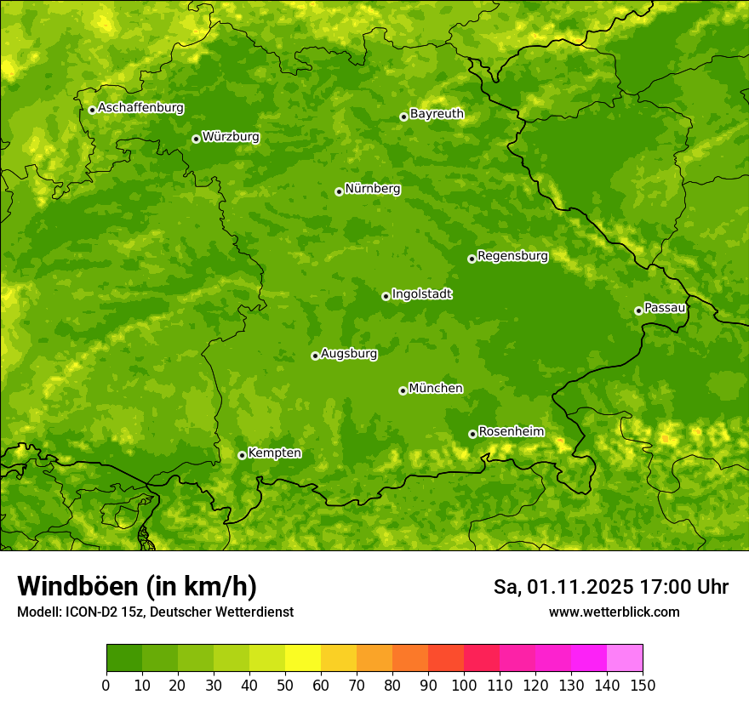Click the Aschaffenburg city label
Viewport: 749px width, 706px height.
(140, 108)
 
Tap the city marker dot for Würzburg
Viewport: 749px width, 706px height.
(196, 139)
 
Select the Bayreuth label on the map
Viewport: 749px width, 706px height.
(437, 114)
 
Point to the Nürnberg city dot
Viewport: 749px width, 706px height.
(339, 191)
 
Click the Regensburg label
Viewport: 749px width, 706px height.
(512, 256)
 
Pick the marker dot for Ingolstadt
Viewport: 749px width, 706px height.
(386, 296)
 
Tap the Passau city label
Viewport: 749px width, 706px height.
(665, 308)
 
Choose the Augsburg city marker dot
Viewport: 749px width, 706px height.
(315, 356)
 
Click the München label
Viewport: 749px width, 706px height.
(436, 389)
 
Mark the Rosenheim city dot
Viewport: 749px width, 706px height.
(472, 434)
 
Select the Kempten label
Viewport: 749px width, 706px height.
(274, 453)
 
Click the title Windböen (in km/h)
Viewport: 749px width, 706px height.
(137, 586)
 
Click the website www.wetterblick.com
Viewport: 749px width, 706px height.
(614, 612)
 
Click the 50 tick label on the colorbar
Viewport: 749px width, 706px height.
(285, 685)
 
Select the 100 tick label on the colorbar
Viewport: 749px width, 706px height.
(464, 685)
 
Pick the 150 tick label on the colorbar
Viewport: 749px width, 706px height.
(643, 685)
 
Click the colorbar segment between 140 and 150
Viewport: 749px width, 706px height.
(625, 658)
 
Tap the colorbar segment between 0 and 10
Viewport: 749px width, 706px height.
(124, 658)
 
